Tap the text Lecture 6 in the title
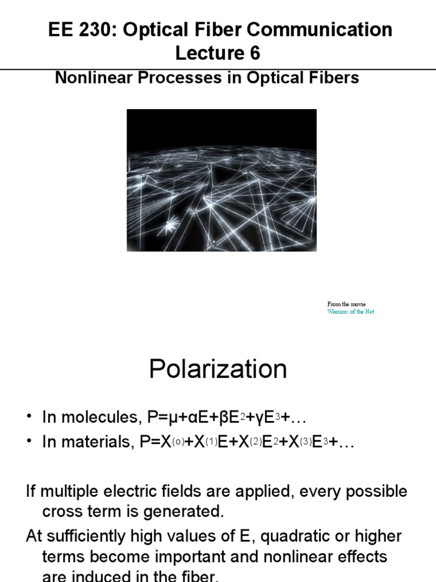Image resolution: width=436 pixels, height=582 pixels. (x=217, y=53)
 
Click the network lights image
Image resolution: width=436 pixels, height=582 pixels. (x=221, y=180)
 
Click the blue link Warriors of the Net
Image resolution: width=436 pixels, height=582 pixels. (x=350, y=311)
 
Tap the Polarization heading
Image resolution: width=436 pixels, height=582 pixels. (x=218, y=369)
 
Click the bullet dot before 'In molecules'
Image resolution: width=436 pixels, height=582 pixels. (x=30, y=418)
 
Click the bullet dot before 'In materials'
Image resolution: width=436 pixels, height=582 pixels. (x=30, y=443)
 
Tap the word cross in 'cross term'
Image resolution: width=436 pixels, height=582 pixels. (x=63, y=512)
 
